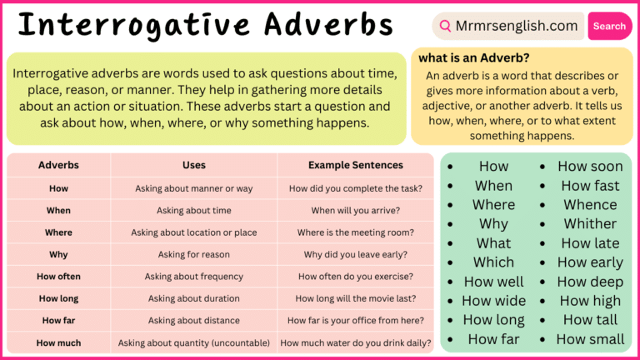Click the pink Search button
click(609, 26)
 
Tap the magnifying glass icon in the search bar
click(446, 26)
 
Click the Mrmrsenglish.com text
click(517, 26)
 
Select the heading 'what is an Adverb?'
click(474, 58)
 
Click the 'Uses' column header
click(194, 165)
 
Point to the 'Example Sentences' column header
click(355, 165)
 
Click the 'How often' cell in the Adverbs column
click(58, 276)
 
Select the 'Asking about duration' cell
click(194, 298)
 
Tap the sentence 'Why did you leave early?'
click(355, 254)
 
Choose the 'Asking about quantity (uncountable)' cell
click(194, 342)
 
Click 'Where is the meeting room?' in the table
click(355, 232)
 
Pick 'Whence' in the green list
click(590, 205)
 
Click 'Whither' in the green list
click(590, 224)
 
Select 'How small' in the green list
click(590, 339)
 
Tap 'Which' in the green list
click(494, 262)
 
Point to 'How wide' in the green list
click(494, 301)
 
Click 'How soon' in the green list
click(590, 167)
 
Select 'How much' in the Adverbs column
click(58, 342)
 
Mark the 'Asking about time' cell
click(194, 211)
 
